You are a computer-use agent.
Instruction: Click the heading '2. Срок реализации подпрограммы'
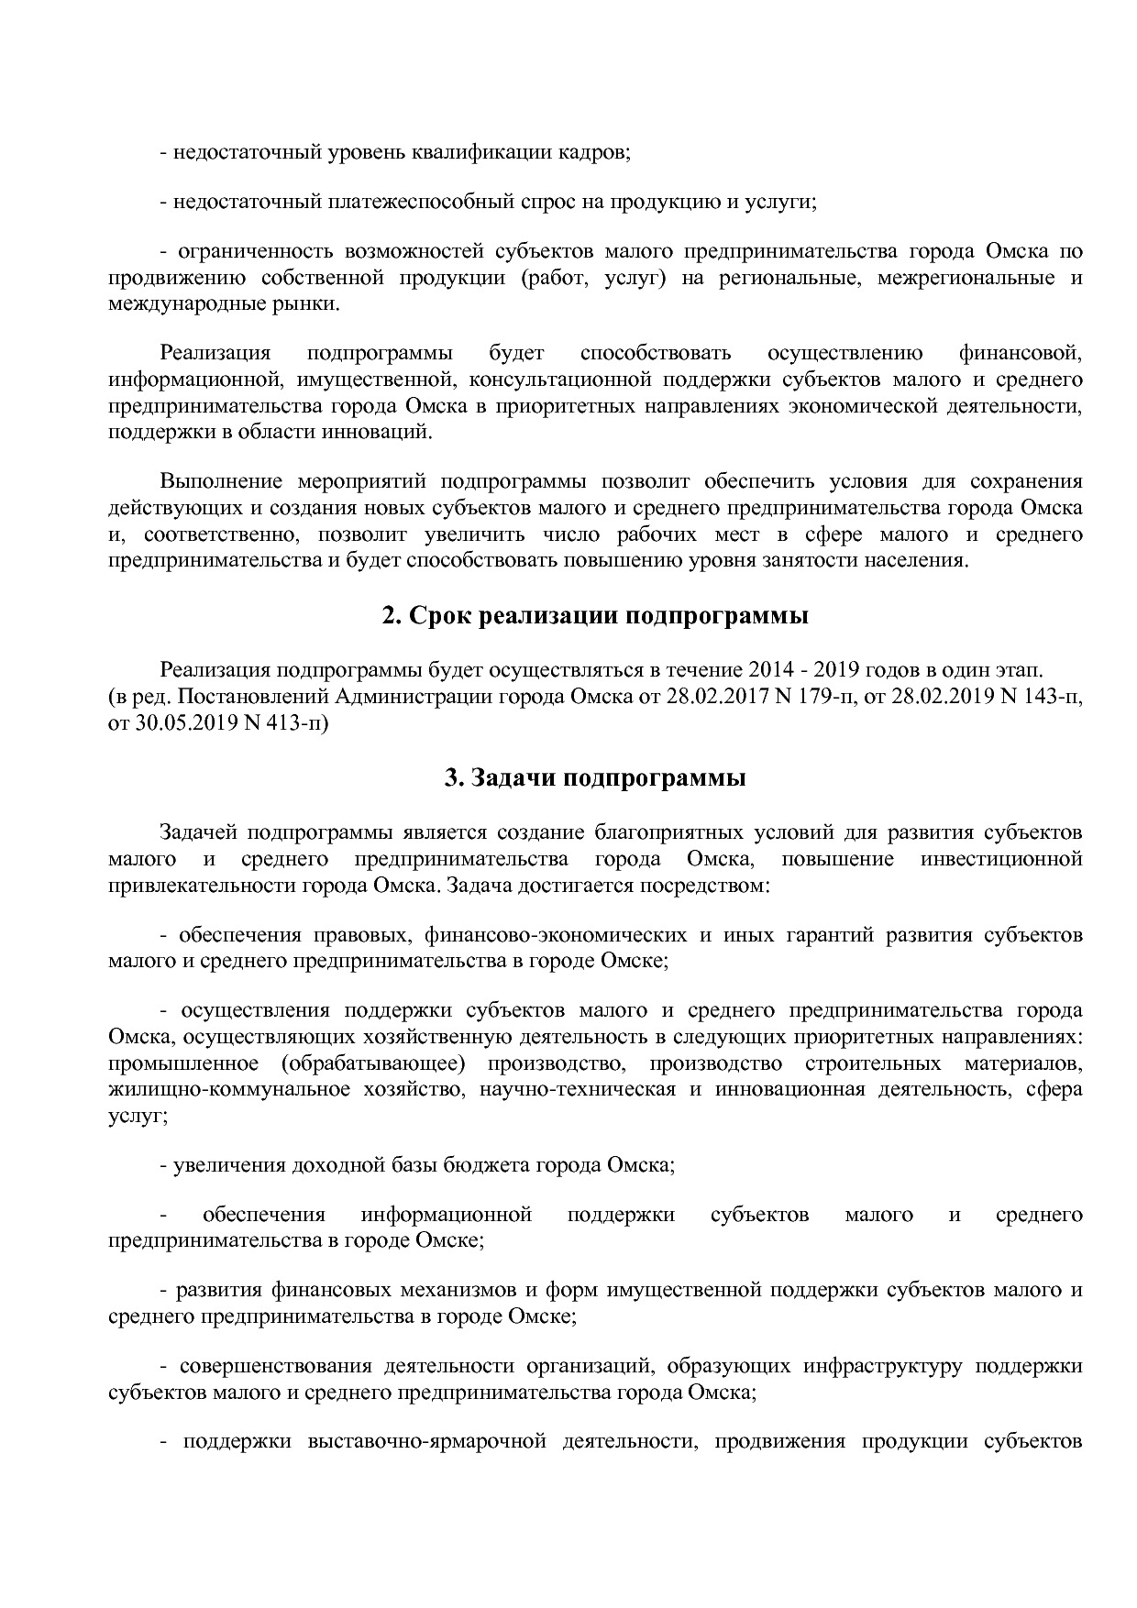tap(595, 616)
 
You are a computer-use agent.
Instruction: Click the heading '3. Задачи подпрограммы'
tap(595, 778)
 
